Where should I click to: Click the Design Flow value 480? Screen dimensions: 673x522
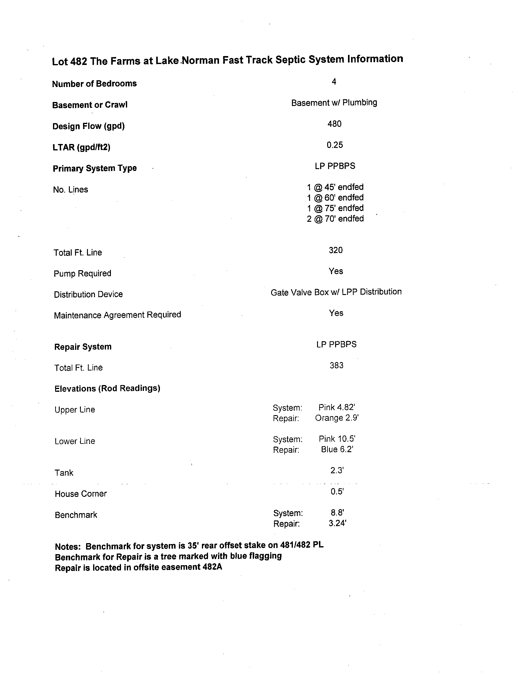334,124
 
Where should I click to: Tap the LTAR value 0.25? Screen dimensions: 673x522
335,145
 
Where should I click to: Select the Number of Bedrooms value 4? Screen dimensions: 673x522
334,82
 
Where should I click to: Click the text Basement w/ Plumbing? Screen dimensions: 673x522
334,103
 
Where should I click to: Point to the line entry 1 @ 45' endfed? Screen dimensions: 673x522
335,187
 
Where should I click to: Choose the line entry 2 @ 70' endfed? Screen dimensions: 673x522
335,218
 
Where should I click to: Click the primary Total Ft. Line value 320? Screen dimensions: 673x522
335,250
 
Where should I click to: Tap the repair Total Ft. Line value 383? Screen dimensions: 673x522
336,365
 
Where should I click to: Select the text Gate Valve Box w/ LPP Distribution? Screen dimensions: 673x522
336,292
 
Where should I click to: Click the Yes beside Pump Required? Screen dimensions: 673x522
335,271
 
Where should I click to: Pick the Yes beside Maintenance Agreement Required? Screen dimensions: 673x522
336,313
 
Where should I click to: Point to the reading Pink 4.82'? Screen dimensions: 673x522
336,407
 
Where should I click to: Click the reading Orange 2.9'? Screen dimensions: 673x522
336,418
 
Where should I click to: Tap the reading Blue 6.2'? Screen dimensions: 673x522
337,449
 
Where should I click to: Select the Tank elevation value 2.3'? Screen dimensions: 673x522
337,470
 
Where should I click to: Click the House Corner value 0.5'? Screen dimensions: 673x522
337,491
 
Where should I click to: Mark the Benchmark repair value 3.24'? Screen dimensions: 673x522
337,523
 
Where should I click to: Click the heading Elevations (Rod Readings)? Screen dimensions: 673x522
107,388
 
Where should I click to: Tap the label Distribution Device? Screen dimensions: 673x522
88,294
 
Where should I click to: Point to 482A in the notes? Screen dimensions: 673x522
212,567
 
